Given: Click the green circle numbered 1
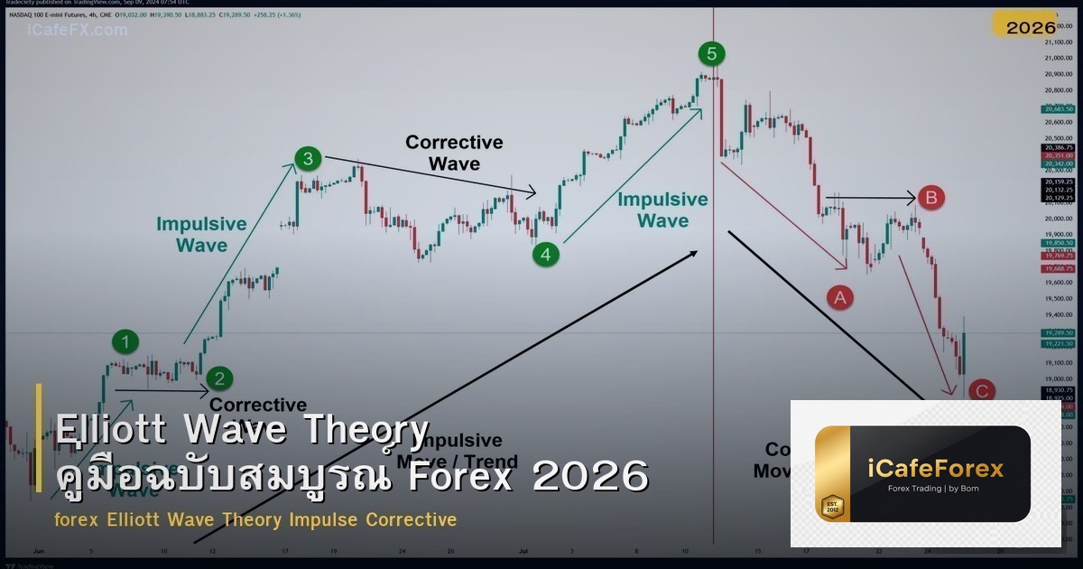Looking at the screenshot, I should pos(126,341).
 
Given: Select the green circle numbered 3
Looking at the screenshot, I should pos(308,160).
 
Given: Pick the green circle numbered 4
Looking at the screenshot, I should pos(545,255).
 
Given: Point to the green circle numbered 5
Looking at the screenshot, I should pos(711,54).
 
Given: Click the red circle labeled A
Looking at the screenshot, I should pos(840,296).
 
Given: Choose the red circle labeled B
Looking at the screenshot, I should pos(931,197).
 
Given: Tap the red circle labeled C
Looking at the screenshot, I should pos(981,391).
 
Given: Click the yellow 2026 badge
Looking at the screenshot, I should pos(1031,27).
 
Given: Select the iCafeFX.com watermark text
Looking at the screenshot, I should pos(78,30).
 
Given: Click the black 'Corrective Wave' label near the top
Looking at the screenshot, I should pos(454,153).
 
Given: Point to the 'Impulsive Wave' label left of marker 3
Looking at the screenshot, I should pos(201,234).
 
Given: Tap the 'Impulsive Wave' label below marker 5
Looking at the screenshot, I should pos(662,210).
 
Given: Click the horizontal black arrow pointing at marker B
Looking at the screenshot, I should pos(871,196).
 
